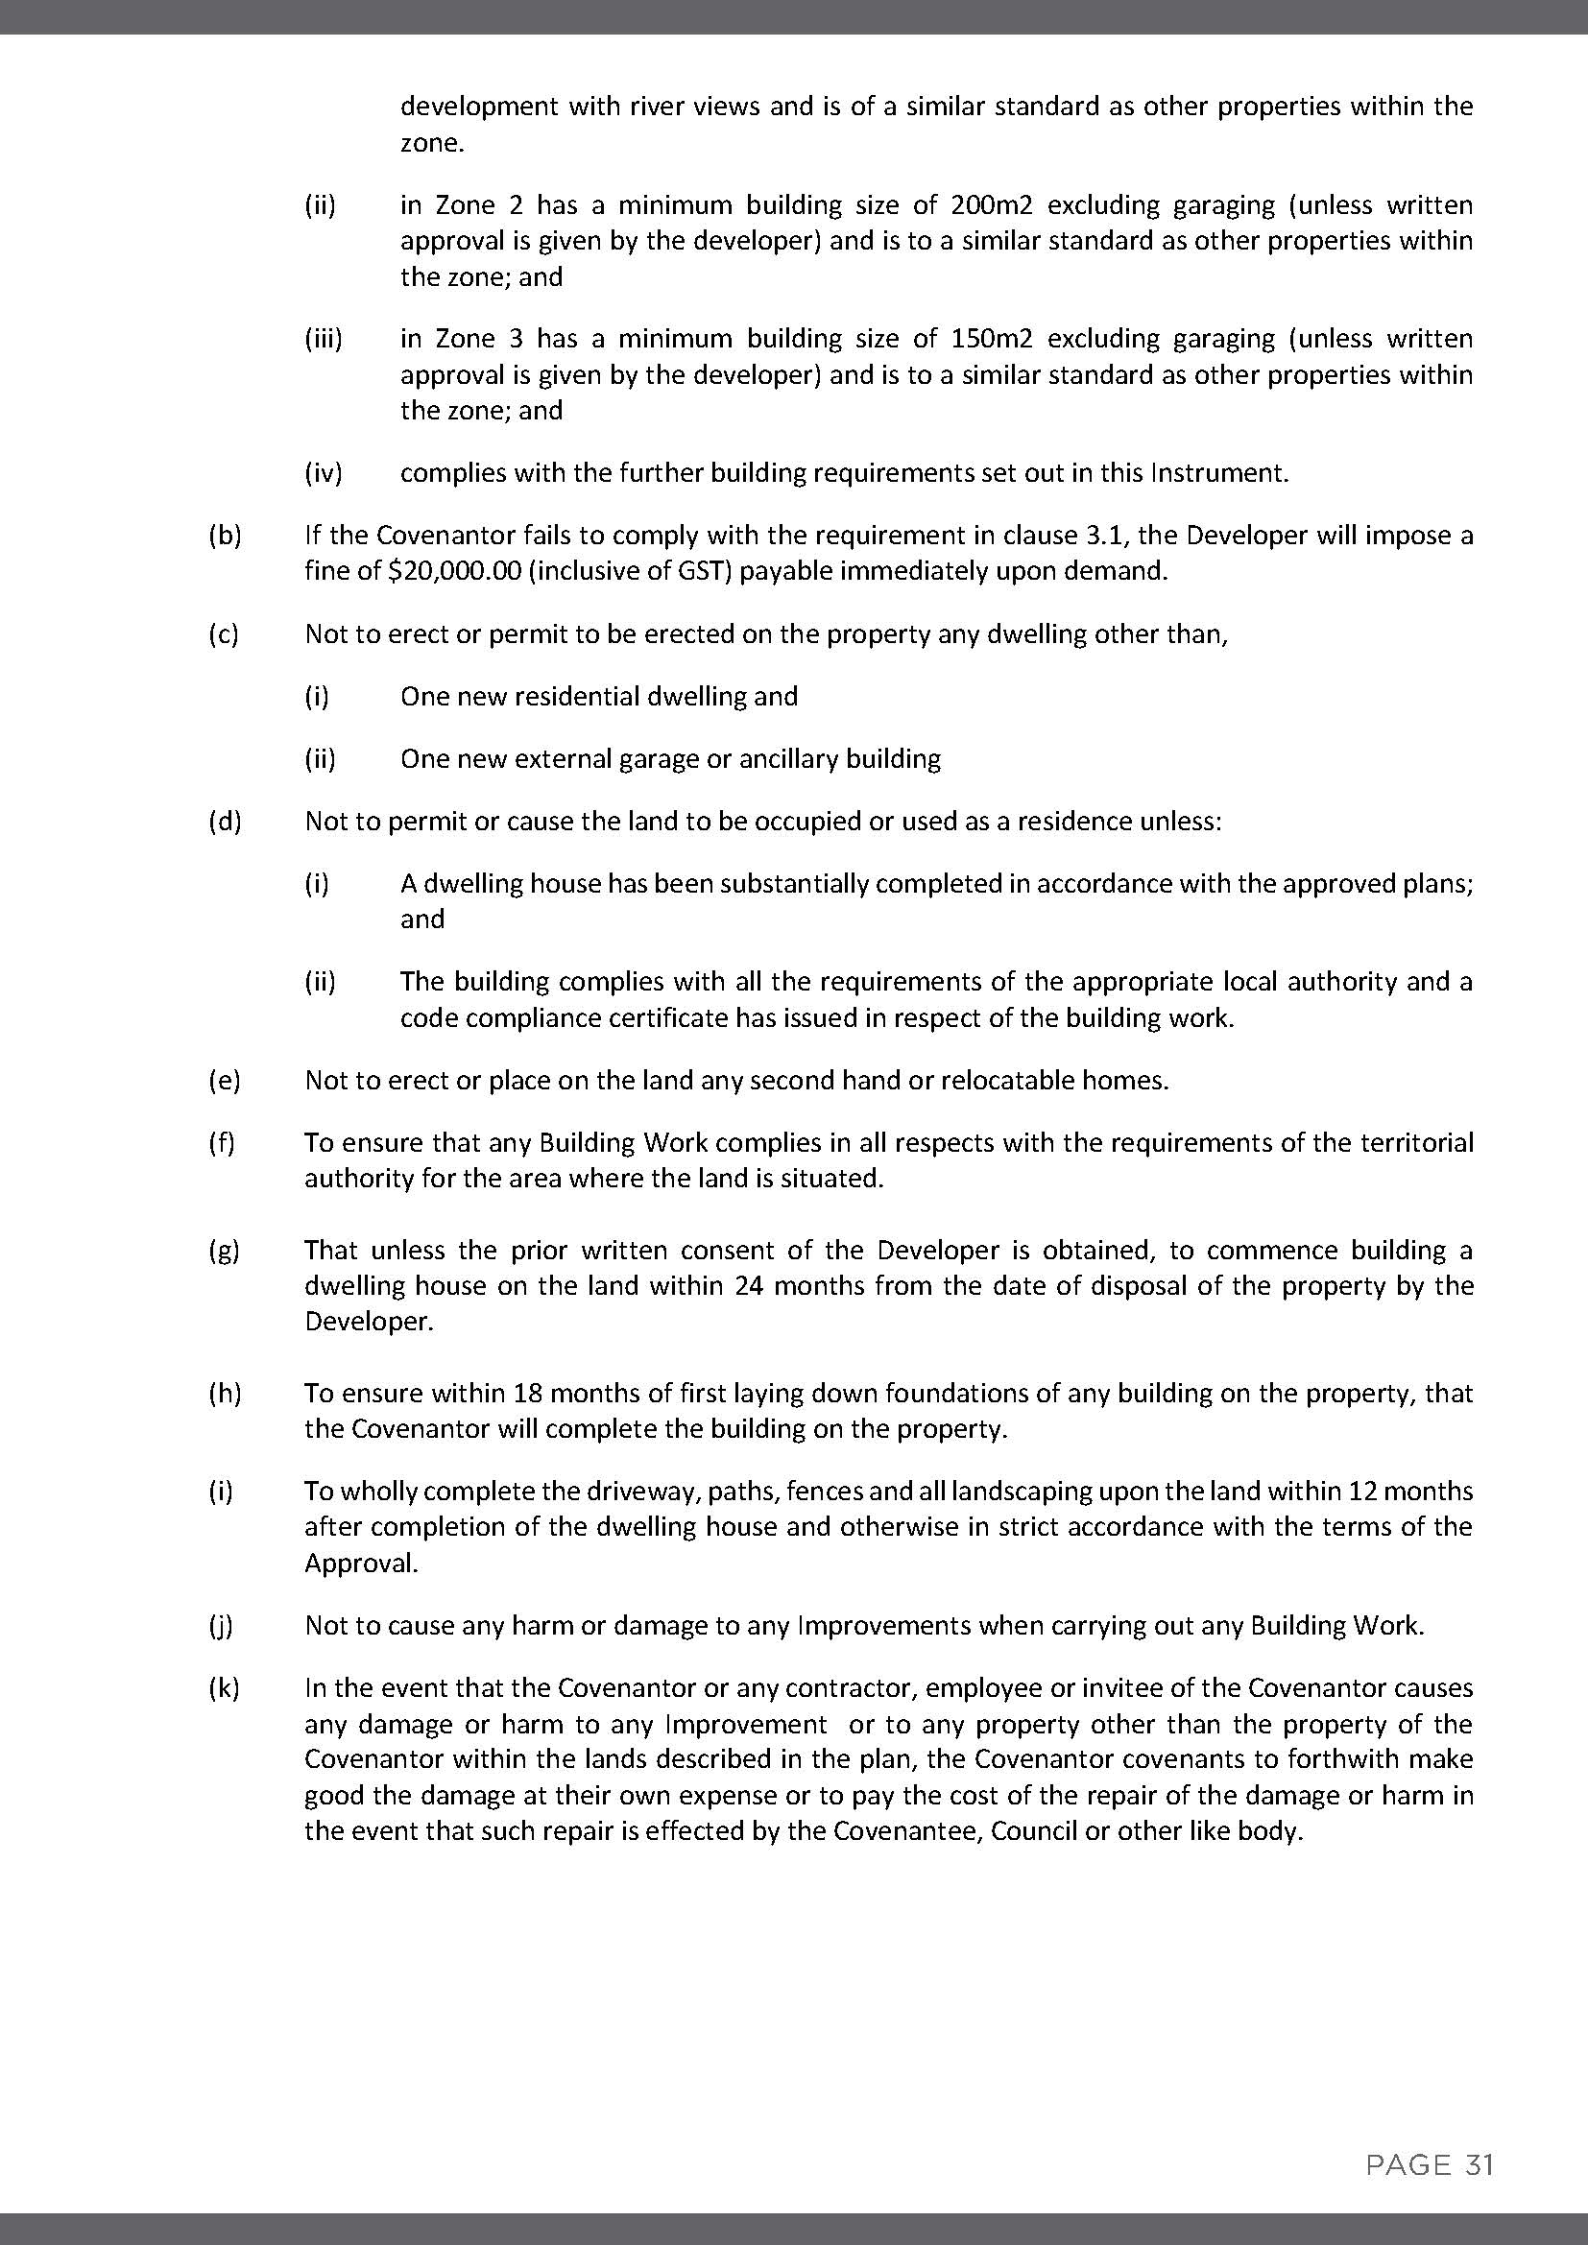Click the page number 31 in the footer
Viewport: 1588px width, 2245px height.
coord(1480,2164)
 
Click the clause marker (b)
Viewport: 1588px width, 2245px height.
coord(225,536)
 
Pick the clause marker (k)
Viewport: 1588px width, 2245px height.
coord(225,1687)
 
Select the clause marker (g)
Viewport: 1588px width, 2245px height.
coord(225,1251)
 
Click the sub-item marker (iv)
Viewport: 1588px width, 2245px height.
coord(324,473)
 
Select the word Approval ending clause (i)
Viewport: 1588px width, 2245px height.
coord(361,1564)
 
